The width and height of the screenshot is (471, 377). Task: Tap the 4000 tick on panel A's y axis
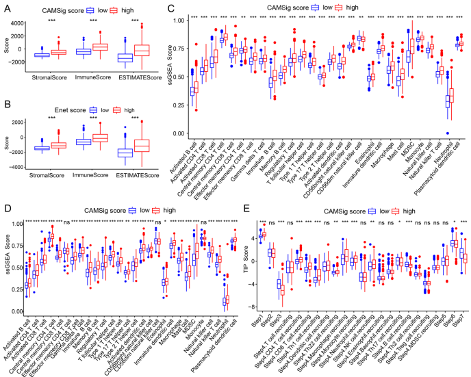point(23,23)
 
